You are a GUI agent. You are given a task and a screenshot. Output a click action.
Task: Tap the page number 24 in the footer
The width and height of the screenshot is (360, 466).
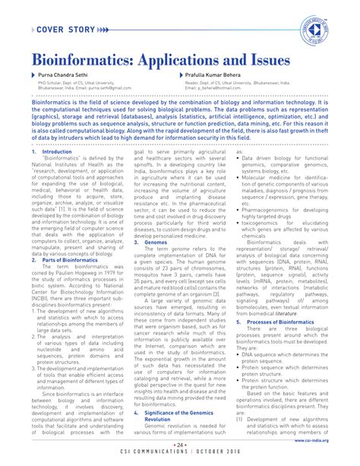click(x=179, y=445)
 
